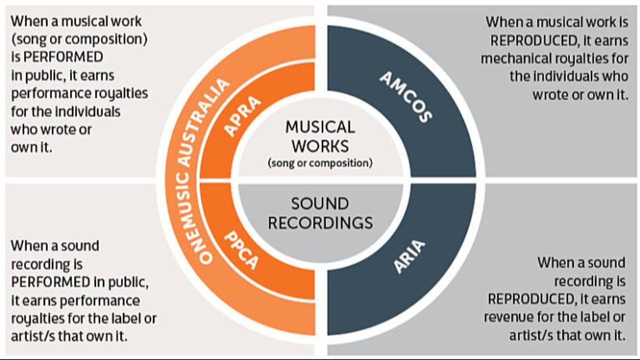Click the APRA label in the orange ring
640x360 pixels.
242,116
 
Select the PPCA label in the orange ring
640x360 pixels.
241,249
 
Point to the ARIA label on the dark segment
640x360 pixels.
409,256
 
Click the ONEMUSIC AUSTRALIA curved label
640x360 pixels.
192,170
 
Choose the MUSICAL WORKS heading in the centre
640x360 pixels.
320,136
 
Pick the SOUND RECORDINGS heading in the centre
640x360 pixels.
320,213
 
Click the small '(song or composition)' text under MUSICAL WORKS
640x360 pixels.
320,163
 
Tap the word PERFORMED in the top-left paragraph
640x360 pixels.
63,57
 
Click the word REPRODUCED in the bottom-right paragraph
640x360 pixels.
530,299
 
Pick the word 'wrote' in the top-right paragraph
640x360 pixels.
553,94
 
